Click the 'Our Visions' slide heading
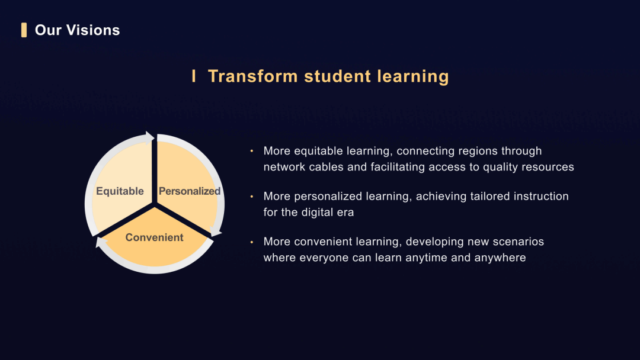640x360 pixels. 77,30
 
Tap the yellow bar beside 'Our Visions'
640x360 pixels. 24,30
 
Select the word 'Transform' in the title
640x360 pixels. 252,76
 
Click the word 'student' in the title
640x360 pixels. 338,76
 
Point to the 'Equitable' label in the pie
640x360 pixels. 120,191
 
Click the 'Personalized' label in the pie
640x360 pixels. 190,191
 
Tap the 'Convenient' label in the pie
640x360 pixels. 154,237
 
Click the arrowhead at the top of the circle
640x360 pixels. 150,138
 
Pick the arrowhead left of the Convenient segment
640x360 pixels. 101,242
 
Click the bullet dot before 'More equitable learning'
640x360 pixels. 251,151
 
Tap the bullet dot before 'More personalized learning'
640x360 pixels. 251,196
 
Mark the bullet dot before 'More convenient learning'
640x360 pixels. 251,242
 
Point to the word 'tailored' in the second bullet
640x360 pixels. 490,196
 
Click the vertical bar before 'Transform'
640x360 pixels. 194,76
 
